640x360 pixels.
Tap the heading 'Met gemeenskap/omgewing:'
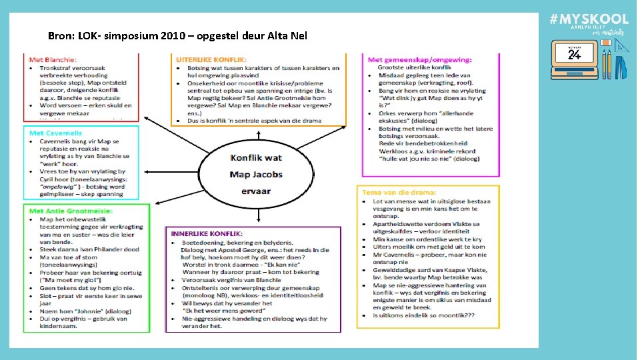[x=419, y=60]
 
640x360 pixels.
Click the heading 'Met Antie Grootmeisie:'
[x=70, y=211]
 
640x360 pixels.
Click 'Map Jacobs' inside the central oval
[x=255, y=174]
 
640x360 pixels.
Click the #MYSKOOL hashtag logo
[x=589, y=20]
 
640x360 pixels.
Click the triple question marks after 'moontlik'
[x=467, y=316]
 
